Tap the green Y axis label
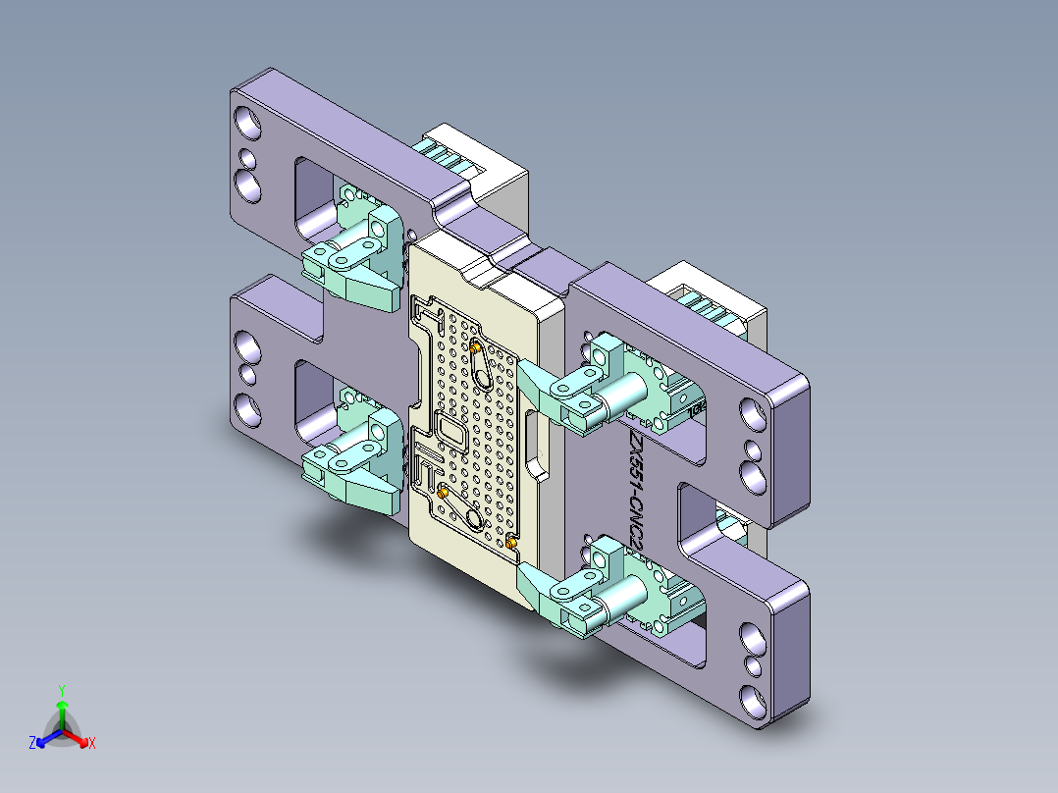(x=61, y=690)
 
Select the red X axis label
(x=91, y=744)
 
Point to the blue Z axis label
(x=32, y=744)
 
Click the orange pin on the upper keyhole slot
(x=476, y=346)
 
